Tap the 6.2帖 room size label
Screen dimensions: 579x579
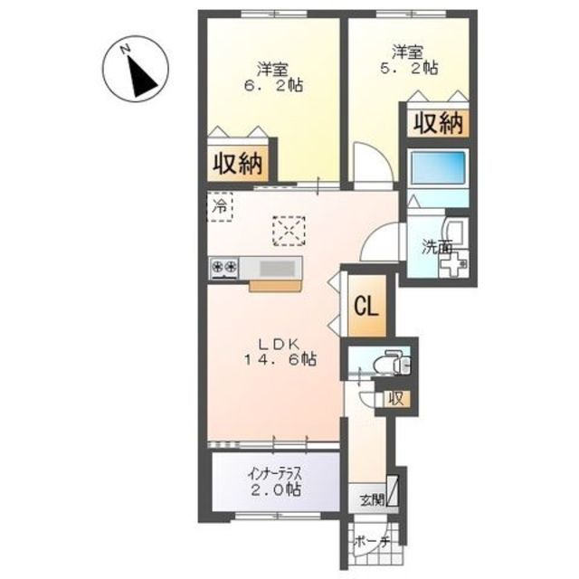coord(272,77)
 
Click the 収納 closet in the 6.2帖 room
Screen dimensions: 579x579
coord(238,164)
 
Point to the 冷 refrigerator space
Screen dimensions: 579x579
coord(219,206)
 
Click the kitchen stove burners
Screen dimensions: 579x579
coord(224,267)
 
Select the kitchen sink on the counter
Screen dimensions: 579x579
coord(277,267)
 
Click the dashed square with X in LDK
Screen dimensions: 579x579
coord(289,231)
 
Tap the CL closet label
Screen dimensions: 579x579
coord(366,305)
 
